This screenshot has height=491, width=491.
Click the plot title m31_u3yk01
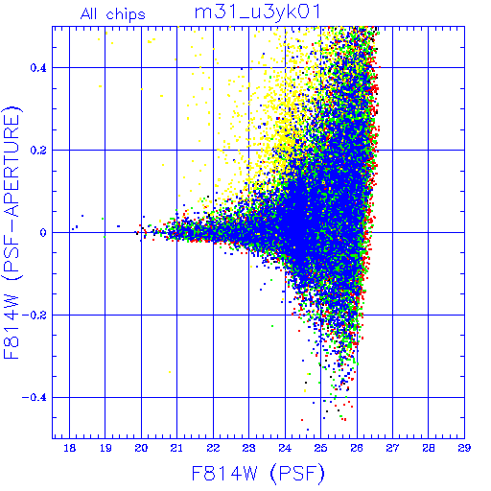[x=257, y=13]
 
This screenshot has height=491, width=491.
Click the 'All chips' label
[x=113, y=14]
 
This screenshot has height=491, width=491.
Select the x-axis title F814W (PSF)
[x=258, y=473]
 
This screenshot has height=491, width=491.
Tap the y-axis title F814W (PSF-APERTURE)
[x=12, y=232]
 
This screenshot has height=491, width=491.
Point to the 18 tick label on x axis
[x=70, y=448]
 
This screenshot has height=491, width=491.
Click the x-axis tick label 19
[x=105, y=448]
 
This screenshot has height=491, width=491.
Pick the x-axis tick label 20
[x=141, y=448]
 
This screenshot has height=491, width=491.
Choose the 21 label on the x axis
[x=176, y=448]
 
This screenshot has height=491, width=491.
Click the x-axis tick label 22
[x=213, y=448]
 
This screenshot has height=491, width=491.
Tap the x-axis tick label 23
[x=248, y=448]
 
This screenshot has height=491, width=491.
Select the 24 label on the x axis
[x=285, y=448]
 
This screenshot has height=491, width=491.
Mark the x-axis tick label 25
[x=320, y=448]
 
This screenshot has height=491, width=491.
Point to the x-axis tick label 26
[x=357, y=448]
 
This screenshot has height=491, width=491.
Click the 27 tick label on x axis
[x=392, y=448]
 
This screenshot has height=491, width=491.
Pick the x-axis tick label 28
[x=429, y=448]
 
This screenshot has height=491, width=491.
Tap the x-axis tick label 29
[x=464, y=448]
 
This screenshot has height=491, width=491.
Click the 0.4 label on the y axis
[x=38, y=68]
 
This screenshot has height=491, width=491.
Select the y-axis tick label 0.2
[x=38, y=151]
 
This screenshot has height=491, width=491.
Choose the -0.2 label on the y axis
[x=35, y=316]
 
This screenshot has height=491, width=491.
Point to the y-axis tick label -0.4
[x=35, y=398]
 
